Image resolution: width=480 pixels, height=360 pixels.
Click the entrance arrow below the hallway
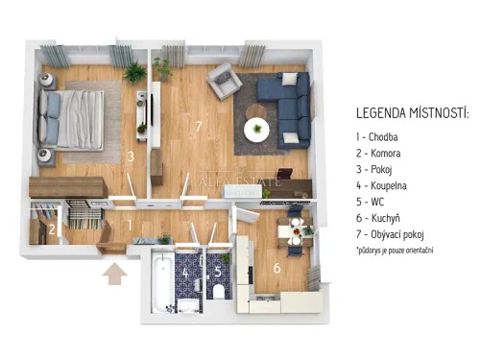[115, 275]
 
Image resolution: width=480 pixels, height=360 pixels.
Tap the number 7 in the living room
[199, 127]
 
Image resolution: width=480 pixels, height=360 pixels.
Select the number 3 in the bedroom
[130, 156]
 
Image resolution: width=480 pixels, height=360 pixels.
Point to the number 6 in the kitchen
[277, 268]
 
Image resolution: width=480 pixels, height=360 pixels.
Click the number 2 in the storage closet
[54, 228]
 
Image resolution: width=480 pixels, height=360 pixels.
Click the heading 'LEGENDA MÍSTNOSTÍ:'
[412, 113]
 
